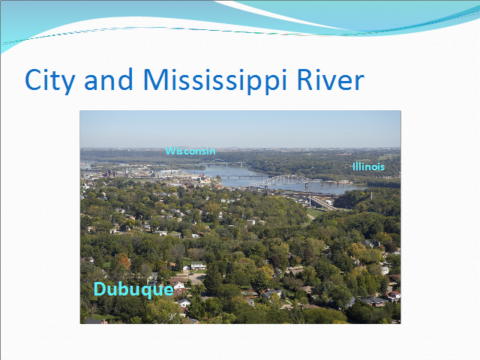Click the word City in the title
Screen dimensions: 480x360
click(50, 80)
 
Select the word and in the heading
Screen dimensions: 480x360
click(108, 79)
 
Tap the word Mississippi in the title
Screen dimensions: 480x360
click(215, 80)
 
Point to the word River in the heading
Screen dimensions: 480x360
click(330, 79)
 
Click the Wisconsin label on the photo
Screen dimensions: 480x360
click(190, 151)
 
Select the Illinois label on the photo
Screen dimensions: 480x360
click(368, 166)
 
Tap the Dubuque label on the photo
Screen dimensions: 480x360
click(133, 289)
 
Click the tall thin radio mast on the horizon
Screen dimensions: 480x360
click(288, 140)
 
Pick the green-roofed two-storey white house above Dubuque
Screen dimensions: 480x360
click(198, 265)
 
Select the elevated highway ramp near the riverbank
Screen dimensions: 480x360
click(323, 203)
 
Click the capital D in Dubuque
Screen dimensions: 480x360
click(100, 289)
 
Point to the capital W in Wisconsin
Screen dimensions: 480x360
click(170, 151)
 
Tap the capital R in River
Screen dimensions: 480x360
click(305, 79)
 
